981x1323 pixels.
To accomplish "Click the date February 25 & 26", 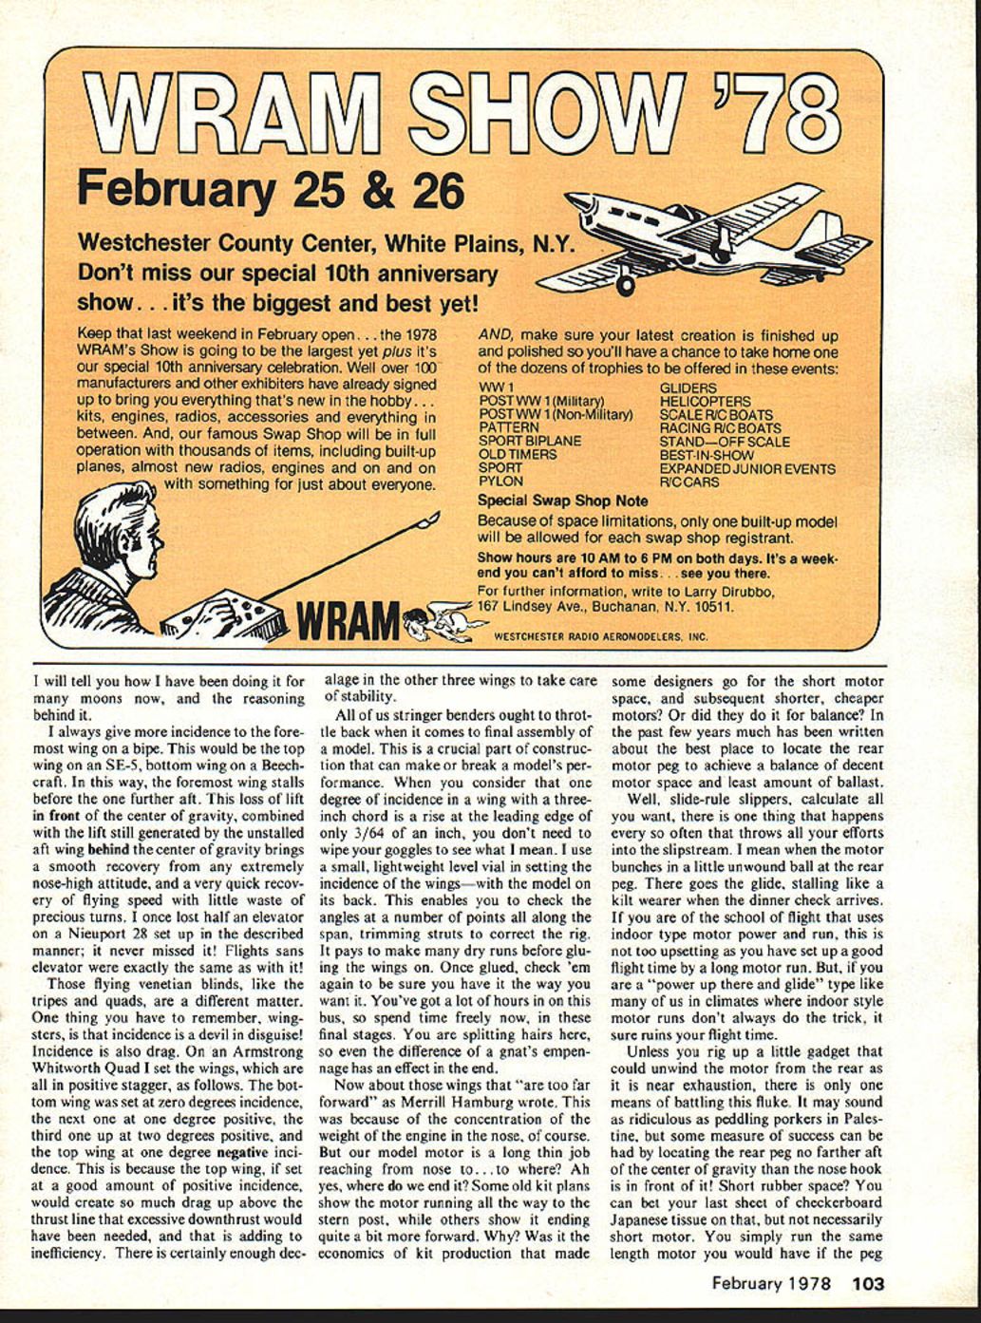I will [270, 190].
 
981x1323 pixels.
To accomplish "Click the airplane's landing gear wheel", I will [625, 284].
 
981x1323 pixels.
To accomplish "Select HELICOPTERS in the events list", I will [705, 402].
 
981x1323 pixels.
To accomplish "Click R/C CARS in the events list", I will [692, 482].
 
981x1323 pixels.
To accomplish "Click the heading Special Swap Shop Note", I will [562, 501].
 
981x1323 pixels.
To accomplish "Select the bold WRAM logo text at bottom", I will [346, 623].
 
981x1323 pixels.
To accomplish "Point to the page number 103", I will [867, 1283].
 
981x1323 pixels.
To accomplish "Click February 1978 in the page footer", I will [772, 1283].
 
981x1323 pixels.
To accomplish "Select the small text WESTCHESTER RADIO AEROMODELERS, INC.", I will [601, 637].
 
